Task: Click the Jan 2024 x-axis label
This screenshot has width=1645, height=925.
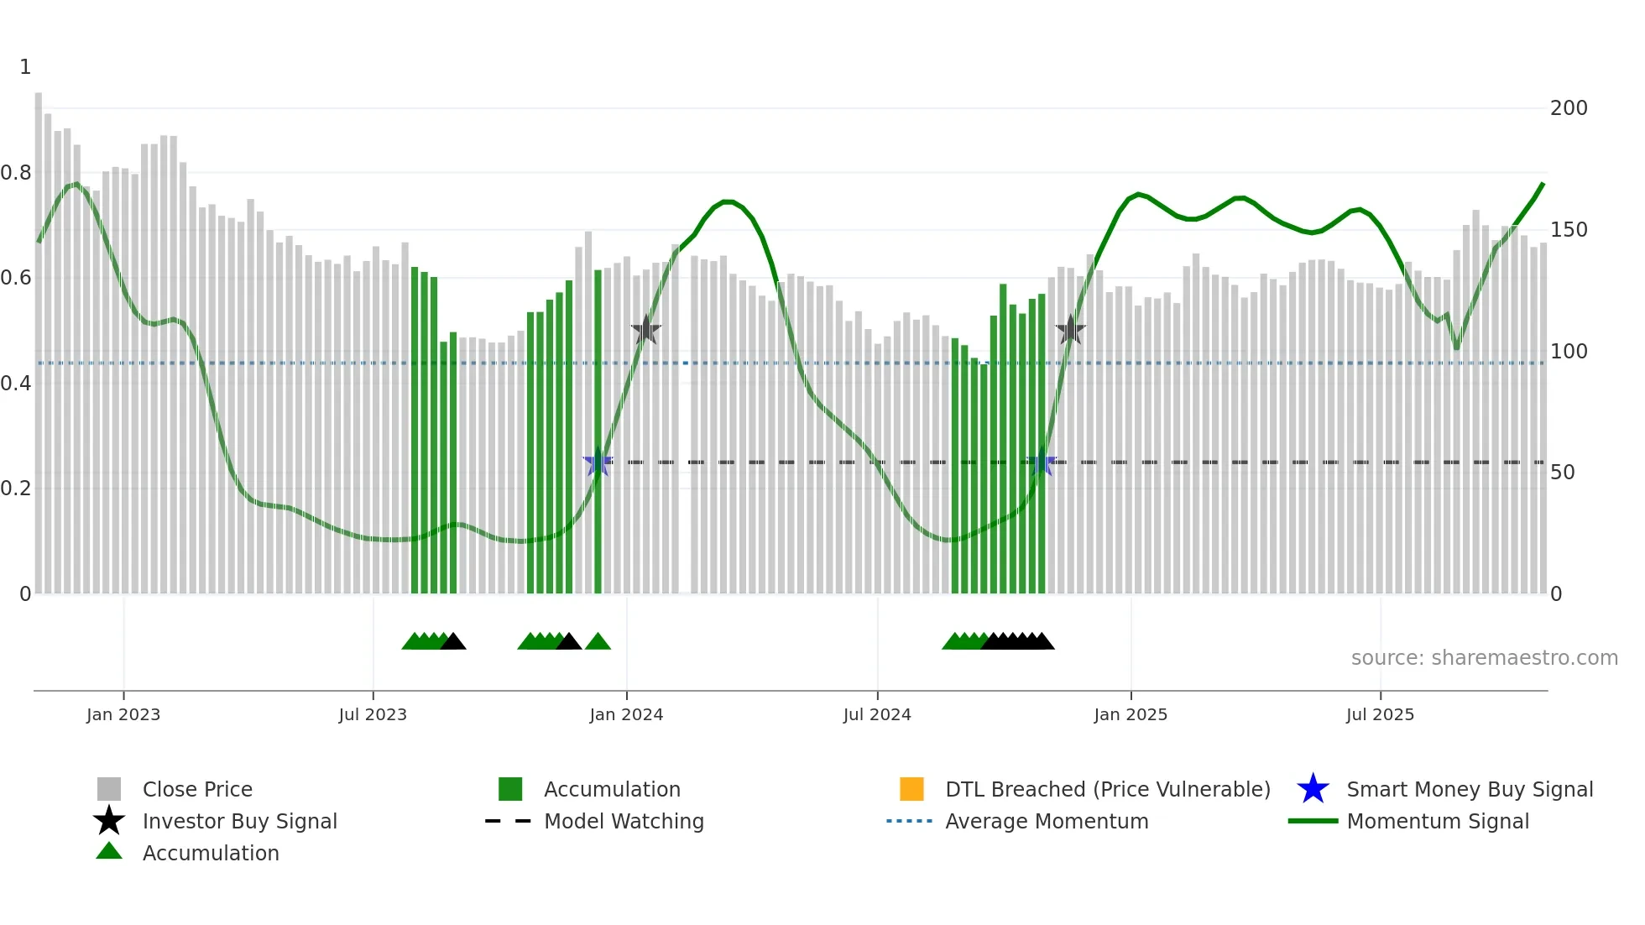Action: click(626, 714)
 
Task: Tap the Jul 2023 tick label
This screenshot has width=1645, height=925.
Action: click(373, 714)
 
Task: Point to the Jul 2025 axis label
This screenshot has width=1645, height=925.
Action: click(1380, 714)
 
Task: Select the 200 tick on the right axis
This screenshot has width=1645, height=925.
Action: click(1568, 108)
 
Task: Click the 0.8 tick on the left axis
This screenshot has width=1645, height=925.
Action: click(16, 173)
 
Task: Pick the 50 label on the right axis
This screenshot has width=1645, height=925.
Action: click(1562, 473)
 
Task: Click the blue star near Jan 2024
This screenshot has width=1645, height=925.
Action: click(598, 462)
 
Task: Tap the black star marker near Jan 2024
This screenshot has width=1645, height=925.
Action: click(646, 331)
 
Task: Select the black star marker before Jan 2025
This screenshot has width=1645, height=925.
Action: click(1070, 331)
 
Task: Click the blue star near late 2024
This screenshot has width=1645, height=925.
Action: click(1042, 462)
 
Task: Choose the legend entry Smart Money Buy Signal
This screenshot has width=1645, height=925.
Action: click(1469, 789)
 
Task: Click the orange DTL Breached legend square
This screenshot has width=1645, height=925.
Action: click(911, 789)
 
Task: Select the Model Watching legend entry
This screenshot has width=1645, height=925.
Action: click(623, 821)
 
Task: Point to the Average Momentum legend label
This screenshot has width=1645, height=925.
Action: click(1046, 821)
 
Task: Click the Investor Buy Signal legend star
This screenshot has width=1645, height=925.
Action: click(109, 821)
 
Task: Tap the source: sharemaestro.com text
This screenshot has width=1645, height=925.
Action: click(1484, 658)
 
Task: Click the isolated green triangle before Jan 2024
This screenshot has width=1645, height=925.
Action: click(598, 642)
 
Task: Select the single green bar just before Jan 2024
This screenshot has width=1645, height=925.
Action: click(598, 432)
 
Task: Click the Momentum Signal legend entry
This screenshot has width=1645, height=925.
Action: click(1437, 821)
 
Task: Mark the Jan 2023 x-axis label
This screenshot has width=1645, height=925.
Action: click(123, 714)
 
